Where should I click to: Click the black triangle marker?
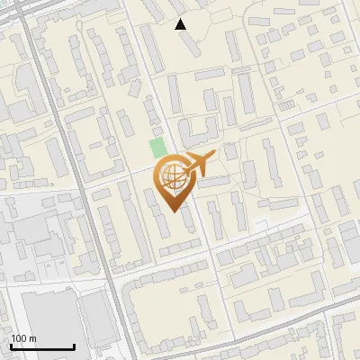(181, 24)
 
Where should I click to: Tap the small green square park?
(157, 148)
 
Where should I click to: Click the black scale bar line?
(42, 347)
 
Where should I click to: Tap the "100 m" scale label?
(23, 338)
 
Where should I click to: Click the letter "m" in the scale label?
(32, 338)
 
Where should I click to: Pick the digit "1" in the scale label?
(14, 338)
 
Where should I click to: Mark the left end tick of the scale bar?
(11, 346)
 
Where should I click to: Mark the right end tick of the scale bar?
(74, 346)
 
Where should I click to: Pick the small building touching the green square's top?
(154, 132)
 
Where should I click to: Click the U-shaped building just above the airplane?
(193, 130)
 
